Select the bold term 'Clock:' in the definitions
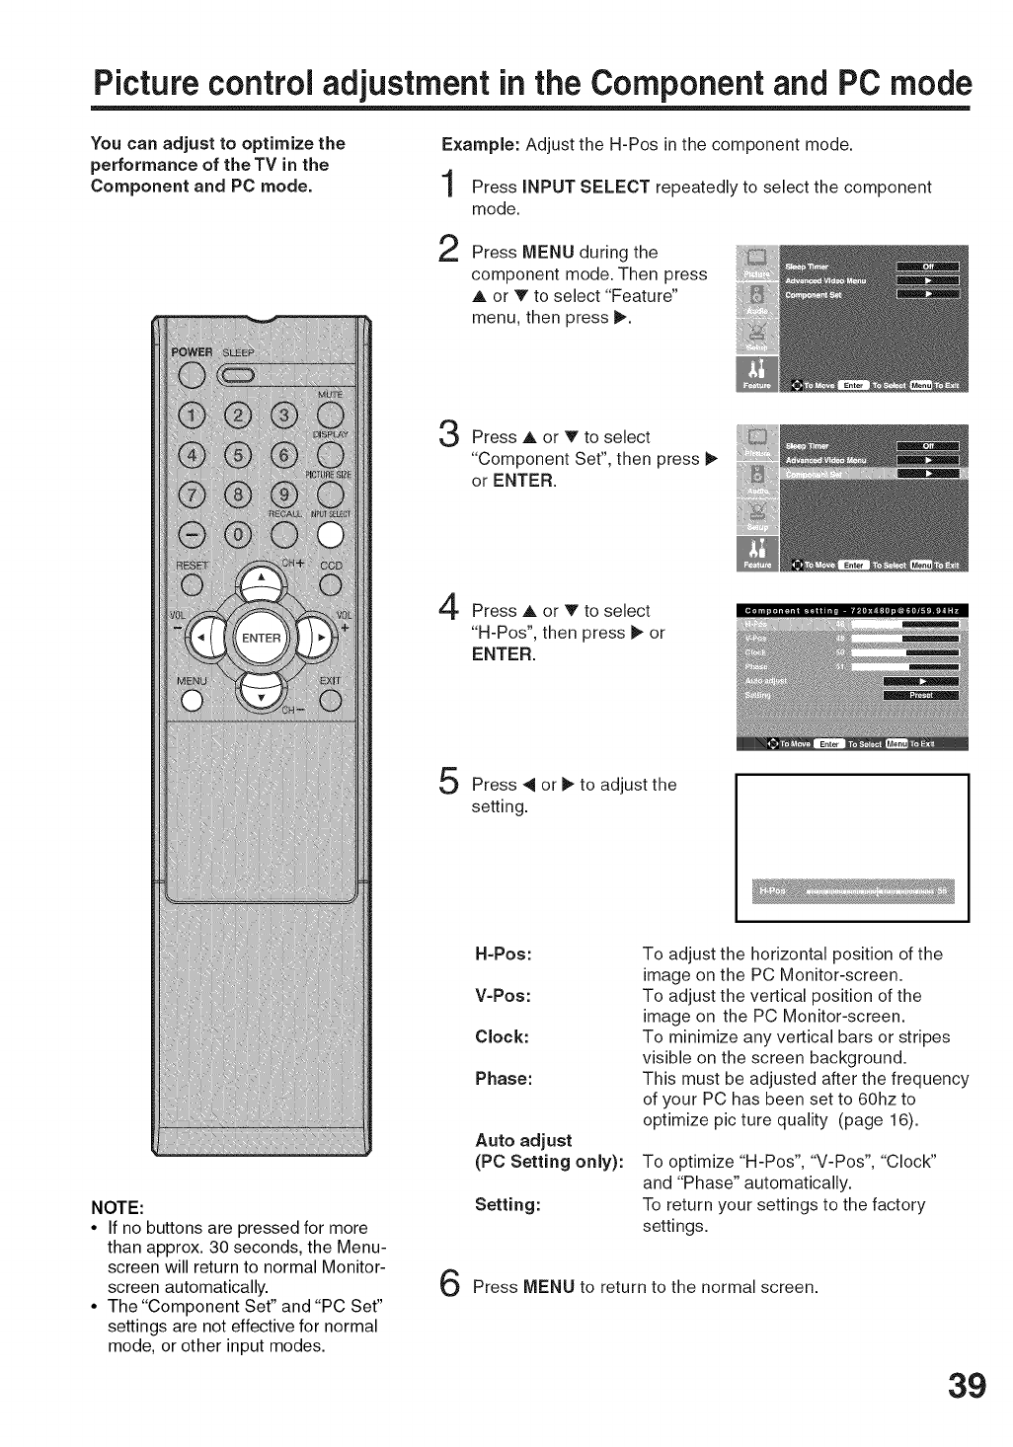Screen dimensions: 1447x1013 click(x=502, y=1036)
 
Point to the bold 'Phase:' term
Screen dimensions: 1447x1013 click(x=504, y=1078)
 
